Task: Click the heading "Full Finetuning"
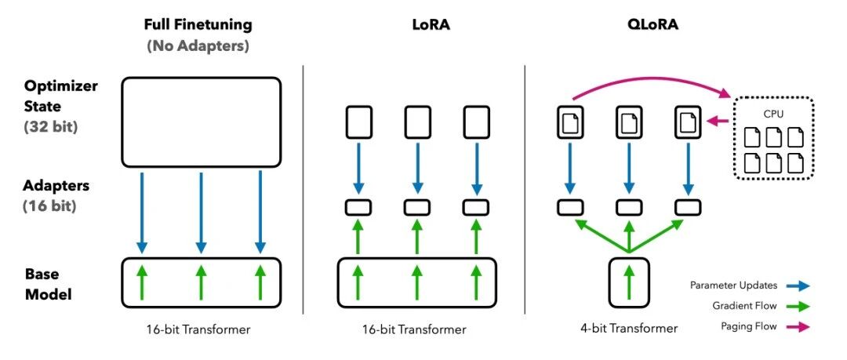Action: (198, 25)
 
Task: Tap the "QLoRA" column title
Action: (628, 24)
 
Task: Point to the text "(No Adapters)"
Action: (198, 46)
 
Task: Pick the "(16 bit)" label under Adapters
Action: (49, 206)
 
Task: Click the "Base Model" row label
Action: (49, 285)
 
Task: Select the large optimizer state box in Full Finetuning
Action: (201, 122)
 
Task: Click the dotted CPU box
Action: (773, 138)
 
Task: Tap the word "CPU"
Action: (773, 115)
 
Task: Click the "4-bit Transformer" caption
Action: (628, 328)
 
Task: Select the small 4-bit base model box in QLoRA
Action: (628, 279)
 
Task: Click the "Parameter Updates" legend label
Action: (733, 285)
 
